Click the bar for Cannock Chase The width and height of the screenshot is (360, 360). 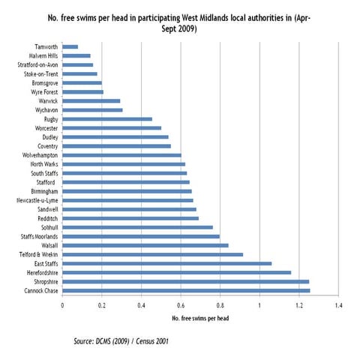tap(185, 290)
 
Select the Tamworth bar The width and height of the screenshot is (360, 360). tap(70, 46)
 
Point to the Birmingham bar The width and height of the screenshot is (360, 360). tap(127, 191)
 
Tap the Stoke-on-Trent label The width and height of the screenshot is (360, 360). tap(38, 73)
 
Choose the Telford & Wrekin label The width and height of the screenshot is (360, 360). tap(37, 254)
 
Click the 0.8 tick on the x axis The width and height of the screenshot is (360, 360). tap(220, 306)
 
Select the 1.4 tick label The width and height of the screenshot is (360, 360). tap(338, 306)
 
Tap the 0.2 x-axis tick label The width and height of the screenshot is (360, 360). tap(101, 306)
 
